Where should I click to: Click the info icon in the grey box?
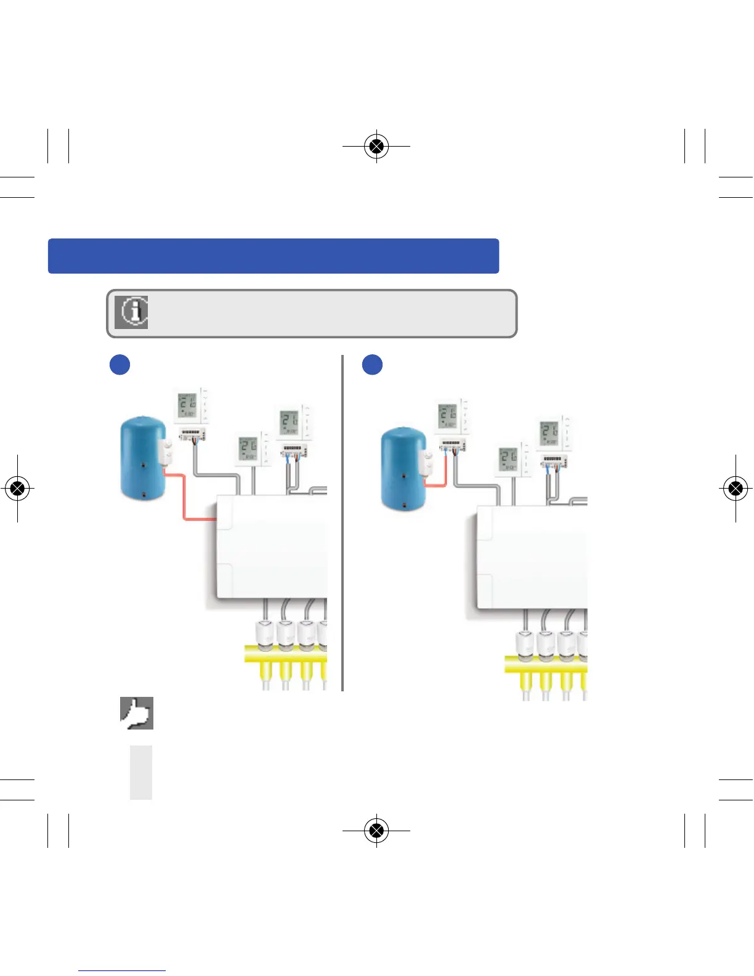click(131, 312)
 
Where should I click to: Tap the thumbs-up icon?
click(136, 714)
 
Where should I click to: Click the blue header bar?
click(273, 256)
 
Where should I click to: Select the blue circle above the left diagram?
click(120, 364)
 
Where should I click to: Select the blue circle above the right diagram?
click(372, 364)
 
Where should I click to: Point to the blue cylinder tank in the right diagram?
click(402, 468)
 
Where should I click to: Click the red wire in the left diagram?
click(184, 499)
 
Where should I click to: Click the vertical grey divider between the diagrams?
click(342, 524)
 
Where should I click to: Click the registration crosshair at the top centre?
click(376, 146)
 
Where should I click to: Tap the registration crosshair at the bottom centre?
click(376, 831)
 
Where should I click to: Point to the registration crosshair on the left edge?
click(18, 489)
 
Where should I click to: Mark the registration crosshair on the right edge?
click(735, 489)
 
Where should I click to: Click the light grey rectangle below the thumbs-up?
click(141, 773)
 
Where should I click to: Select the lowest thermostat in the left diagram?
click(249, 450)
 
